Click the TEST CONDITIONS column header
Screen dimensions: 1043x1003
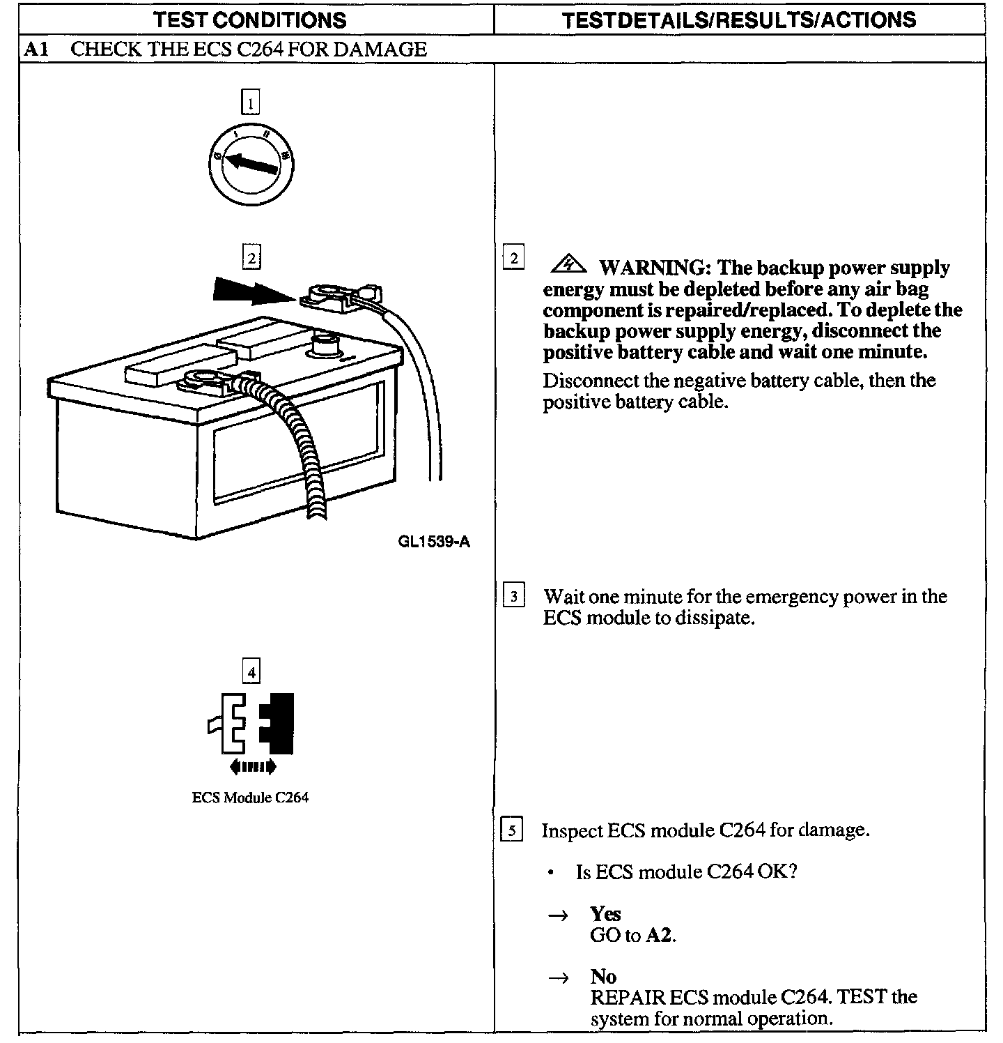250,20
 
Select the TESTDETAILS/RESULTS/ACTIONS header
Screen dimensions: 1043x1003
739,20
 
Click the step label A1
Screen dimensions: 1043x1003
36,50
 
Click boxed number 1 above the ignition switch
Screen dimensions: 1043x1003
250,102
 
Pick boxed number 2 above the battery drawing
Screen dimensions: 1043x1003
251,258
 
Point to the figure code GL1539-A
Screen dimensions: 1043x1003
434,542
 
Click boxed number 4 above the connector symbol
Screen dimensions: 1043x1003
251,672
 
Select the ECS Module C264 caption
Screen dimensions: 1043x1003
250,798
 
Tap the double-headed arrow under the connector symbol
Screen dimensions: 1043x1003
252,767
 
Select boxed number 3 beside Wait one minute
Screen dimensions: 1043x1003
514,597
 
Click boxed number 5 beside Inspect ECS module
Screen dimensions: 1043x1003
512,830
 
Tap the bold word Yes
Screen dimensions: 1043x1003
605,914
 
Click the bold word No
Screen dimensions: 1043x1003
602,976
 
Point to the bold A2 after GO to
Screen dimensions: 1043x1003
659,935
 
